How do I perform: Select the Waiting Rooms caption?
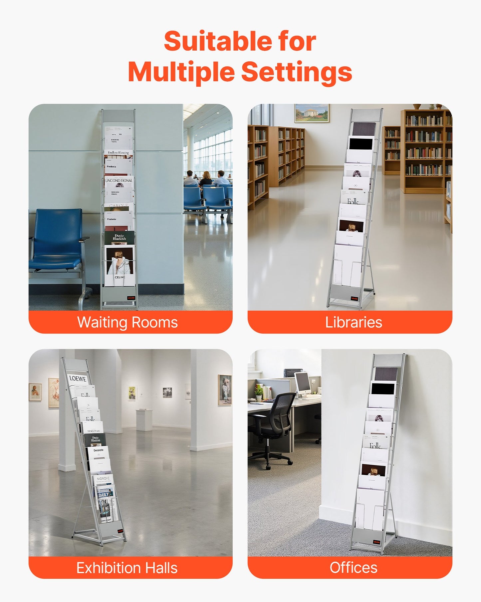pos(127,322)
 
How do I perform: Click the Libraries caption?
pos(354,322)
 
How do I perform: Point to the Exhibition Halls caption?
pos(127,568)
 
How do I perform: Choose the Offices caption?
pos(354,568)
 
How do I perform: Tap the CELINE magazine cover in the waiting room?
pos(120,265)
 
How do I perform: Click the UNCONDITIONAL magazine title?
pos(119,180)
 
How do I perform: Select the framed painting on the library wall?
pos(312,113)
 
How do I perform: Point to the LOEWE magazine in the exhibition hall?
pos(78,379)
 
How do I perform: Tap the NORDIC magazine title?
pos(103,478)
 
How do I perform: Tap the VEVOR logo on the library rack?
pos(354,298)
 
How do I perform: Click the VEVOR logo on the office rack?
pos(376,542)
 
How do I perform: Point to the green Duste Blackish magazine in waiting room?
pos(120,237)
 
